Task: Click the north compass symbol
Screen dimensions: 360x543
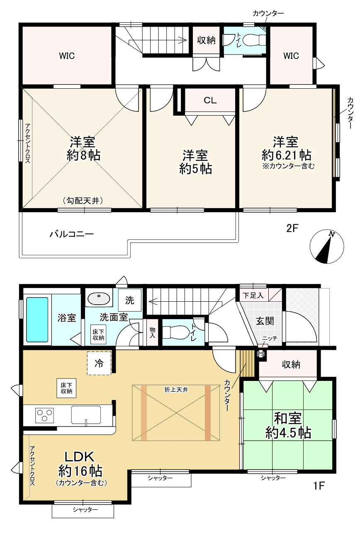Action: [x=326, y=246]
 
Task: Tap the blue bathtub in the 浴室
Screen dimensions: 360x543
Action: [x=37, y=320]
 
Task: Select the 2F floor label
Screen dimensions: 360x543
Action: [x=292, y=228]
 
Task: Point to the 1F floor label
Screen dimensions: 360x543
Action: [x=319, y=485]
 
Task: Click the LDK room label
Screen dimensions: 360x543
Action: [x=79, y=457]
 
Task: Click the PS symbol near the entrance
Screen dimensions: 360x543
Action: [x=261, y=354]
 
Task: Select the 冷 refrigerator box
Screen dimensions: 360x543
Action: [x=99, y=363]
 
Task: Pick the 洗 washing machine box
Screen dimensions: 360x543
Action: [x=130, y=300]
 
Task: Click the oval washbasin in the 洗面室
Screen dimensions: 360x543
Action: [x=99, y=298]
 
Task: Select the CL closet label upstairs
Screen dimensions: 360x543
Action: [x=210, y=100]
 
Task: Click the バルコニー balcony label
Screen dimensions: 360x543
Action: [x=72, y=234]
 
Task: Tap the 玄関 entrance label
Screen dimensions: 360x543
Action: [x=265, y=321]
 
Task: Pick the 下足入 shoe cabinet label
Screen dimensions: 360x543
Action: [x=253, y=296]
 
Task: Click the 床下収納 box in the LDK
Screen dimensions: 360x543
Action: [x=66, y=388]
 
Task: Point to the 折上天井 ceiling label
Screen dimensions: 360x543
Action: [x=176, y=390]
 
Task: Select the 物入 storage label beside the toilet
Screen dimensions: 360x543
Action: [x=152, y=332]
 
